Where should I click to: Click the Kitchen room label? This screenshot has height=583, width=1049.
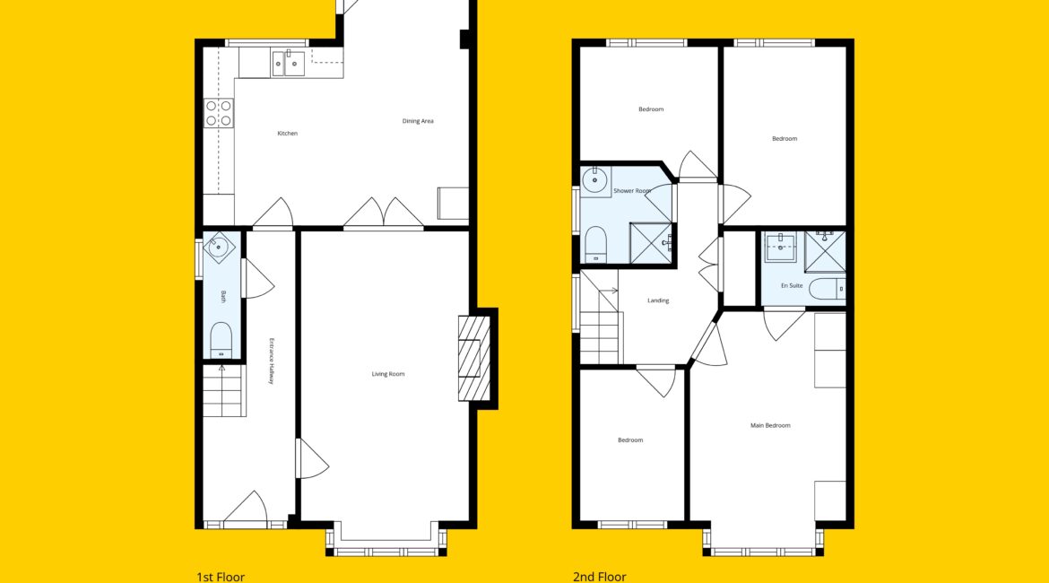click(288, 134)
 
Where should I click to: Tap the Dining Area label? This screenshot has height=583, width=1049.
click(418, 121)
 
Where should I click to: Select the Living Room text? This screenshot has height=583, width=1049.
click(388, 374)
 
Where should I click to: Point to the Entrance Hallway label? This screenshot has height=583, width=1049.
click(272, 361)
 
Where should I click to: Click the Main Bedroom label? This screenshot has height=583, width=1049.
click(770, 425)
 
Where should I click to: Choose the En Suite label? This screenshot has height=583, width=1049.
click(792, 286)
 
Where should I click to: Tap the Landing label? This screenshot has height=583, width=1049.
click(658, 300)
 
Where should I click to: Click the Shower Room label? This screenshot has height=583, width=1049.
click(632, 191)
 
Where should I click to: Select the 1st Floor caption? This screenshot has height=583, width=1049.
click(221, 577)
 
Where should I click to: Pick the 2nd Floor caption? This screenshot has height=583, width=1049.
click(600, 577)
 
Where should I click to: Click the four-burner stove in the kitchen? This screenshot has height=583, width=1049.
click(219, 113)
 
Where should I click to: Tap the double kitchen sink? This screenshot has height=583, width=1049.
click(289, 64)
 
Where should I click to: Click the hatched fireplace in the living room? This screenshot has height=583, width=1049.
click(474, 358)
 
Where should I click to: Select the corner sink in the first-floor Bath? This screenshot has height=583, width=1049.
click(218, 247)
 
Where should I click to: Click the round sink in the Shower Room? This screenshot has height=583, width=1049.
click(594, 180)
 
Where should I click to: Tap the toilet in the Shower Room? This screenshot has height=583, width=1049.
click(595, 244)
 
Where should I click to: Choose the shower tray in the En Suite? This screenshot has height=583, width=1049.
click(825, 252)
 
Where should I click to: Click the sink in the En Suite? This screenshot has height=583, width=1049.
click(780, 248)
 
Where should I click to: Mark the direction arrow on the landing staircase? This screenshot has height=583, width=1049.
click(610, 291)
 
